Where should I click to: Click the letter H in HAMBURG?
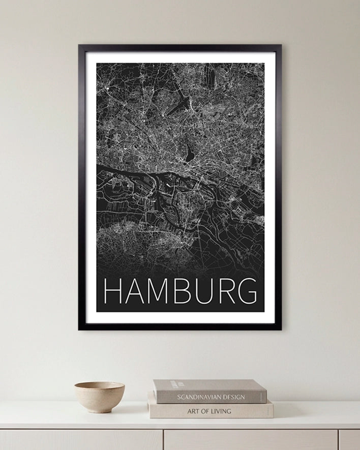pos(112,291)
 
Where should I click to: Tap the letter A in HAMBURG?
pos(135,291)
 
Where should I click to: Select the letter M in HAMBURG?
pos(159,291)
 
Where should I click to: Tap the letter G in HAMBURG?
pos(247,291)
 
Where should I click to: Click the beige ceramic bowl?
pos(99,395)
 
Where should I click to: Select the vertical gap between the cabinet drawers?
pos(163,439)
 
